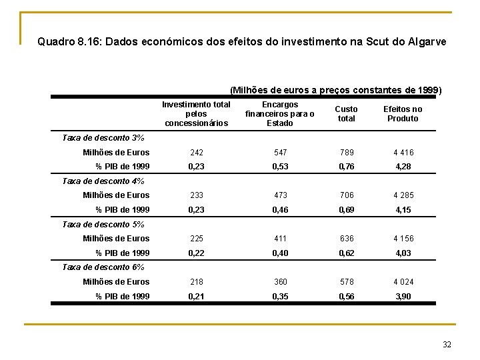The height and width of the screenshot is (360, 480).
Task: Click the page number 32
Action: (x=447, y=344)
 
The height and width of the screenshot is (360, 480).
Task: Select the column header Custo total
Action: (x=346, y=113)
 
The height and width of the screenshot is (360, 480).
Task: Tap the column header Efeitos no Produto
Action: (x=403, y=113)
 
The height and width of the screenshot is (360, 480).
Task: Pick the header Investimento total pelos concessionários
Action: (x=197, y=113)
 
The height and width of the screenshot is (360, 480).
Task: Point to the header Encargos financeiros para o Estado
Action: (x=279, y=113)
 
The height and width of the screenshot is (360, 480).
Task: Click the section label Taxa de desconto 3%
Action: (x=103, y=138)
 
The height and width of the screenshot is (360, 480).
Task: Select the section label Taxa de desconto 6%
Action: (x=103, y=267)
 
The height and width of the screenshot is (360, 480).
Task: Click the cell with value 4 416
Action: (x=403, y=152)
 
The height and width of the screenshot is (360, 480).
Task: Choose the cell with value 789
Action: (x=346, y=152)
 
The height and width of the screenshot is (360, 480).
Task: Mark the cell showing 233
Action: (x=197, y=195)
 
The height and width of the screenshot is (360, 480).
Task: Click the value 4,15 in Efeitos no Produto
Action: (x=403, y=209)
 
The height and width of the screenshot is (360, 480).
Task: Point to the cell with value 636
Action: (x=346, y=238)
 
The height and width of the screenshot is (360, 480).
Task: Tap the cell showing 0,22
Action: (x=197, y=253)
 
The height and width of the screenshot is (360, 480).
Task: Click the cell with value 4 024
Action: (x=403, y=281)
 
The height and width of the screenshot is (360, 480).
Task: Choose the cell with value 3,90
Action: (x=403, y=296)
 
